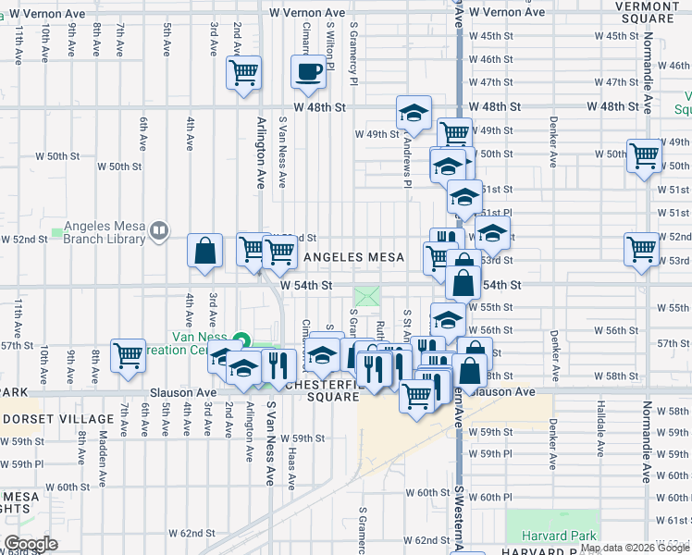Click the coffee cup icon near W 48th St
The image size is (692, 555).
(x=308, y=71)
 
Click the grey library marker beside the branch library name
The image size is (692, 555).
(x=159, y=230)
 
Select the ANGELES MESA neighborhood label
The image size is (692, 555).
(x=354, y=257)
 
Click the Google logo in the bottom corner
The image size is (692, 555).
(x=31, y=544)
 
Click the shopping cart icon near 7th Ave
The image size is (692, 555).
(x=128, y=354)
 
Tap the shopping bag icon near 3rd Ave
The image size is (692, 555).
(x=204, y=250)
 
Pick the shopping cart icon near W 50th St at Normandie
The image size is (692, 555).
(x=644, y=155)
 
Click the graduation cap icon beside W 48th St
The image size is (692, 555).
(x=414, y=113)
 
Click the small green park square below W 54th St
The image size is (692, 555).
(x=367, y=298)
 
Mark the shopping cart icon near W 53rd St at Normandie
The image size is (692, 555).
(x=640, y=248)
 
